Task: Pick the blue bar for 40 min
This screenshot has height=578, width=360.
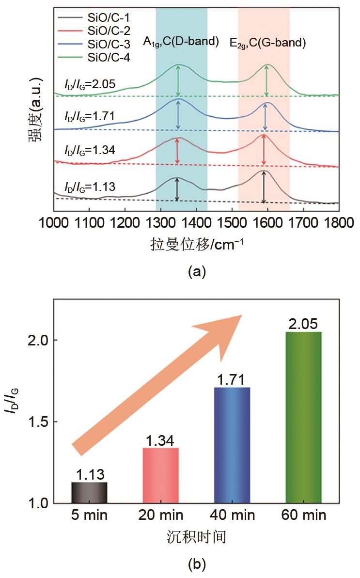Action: tap(232, 445)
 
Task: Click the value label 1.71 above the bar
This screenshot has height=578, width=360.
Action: tap(232, 379)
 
